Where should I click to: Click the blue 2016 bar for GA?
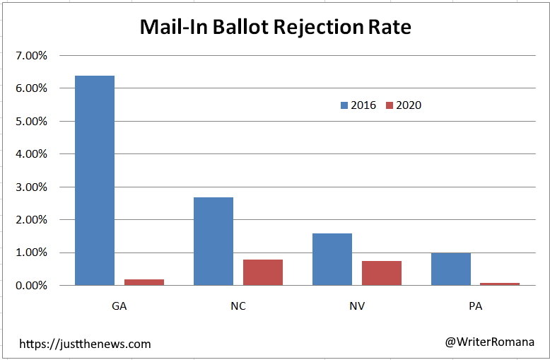94,180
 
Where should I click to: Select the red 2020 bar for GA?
144,282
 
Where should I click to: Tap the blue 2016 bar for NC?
213,241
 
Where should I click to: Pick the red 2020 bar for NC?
262,272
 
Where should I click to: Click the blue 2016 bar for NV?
332,259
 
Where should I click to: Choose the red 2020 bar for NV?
381,273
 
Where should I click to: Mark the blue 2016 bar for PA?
450,269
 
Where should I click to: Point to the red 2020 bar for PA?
500,284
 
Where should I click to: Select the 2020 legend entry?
403,105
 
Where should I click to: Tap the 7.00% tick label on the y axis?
30,55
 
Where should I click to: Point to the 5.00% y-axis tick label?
30,121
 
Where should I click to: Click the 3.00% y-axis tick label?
30,187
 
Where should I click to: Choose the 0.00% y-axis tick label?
30,286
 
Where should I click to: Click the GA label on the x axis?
119,307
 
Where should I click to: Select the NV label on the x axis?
356,307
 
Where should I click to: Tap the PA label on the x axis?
475,307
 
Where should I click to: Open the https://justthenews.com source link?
85,344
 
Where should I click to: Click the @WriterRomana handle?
489,342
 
